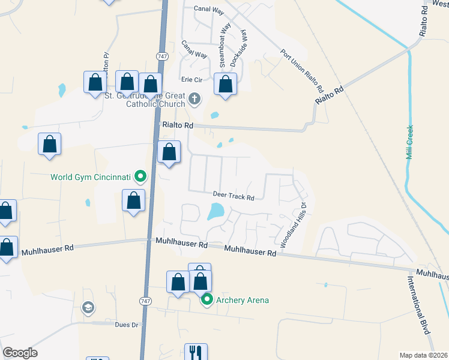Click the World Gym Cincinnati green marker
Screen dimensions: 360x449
[140, 176]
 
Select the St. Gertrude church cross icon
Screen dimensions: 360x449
[194, 98]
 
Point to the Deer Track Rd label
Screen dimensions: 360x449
[234, 196]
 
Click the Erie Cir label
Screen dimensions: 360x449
[193, 80]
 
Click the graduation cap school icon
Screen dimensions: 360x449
[88, 308]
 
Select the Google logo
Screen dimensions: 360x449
[20, 353]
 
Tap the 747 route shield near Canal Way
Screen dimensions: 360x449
[161, 56]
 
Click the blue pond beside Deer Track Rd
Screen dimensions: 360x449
[215, 211]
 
